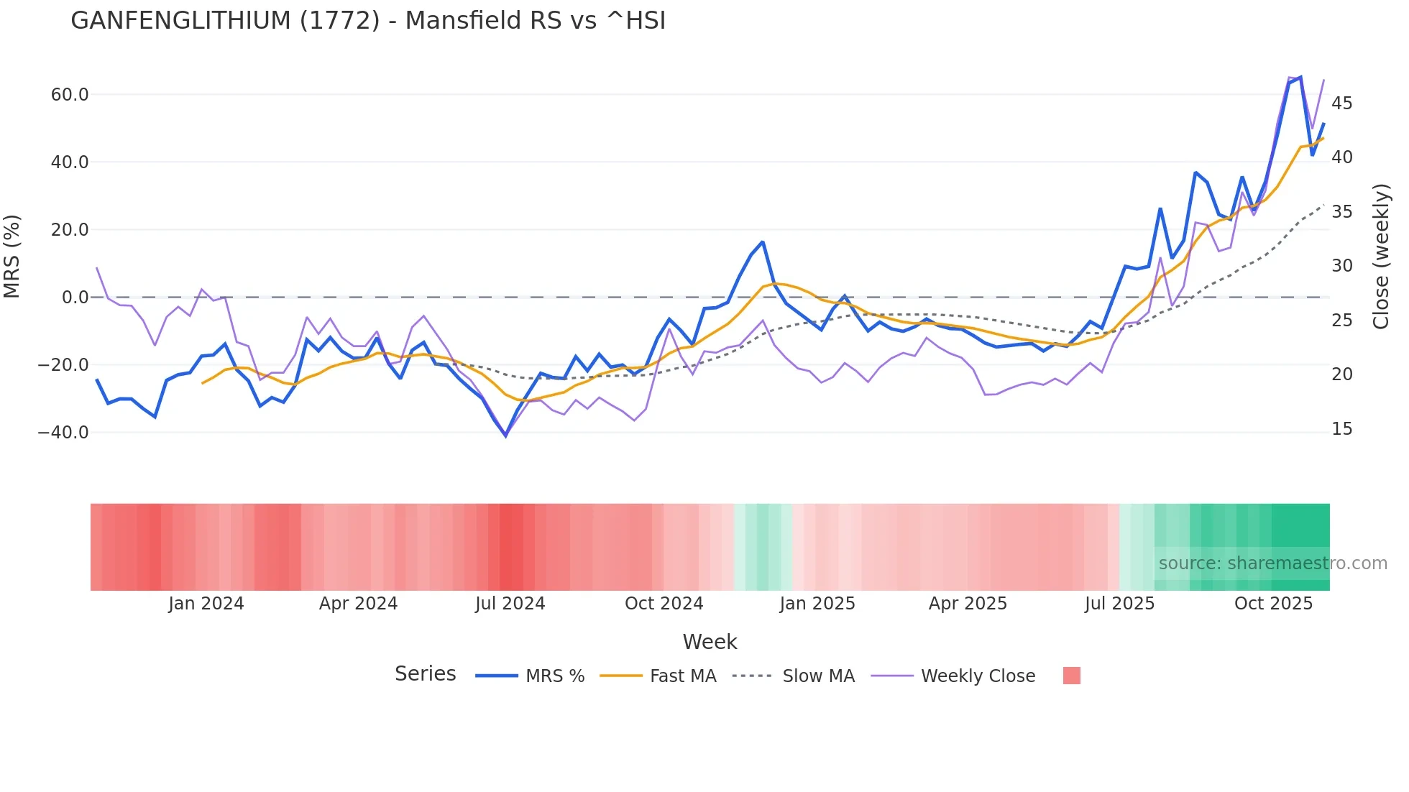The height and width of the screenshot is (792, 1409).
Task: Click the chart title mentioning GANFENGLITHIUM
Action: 368,21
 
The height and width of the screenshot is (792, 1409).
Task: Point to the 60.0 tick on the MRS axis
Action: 70,95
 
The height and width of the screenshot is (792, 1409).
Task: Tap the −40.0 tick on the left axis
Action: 63,433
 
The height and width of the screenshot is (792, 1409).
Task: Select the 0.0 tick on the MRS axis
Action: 75,298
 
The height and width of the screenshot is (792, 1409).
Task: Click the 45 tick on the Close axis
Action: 1341,103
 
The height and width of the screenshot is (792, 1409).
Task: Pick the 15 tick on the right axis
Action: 1341,429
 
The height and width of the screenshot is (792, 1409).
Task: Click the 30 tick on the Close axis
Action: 1341,266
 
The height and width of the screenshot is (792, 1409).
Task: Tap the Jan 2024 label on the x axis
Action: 206,604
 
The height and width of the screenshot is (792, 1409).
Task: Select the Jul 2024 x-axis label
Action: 510,604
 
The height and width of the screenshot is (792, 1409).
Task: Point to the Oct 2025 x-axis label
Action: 1273,604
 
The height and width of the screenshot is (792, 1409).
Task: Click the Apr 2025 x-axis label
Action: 968,604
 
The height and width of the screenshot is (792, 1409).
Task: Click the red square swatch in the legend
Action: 1071,676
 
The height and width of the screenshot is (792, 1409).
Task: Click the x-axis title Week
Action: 710,642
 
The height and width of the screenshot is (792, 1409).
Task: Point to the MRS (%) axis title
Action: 12,257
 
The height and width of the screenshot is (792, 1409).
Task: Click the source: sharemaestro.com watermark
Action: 1272,563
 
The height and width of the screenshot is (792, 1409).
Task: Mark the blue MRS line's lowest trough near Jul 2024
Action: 505,436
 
